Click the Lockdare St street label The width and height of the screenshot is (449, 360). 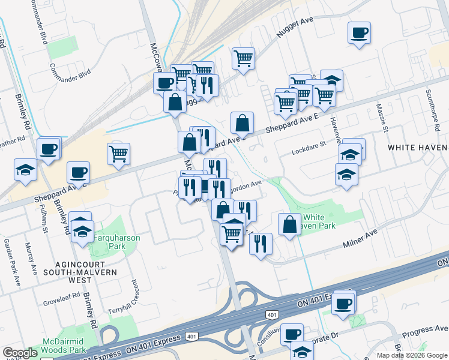(309, 144)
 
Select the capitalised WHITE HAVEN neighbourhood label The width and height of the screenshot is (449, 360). (418, 147)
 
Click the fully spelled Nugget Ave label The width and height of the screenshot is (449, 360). (295, 28)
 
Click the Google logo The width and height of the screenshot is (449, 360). (20, 353)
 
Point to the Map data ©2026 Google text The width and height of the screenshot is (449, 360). (412, 355)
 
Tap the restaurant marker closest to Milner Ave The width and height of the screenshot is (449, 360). (260, 244)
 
